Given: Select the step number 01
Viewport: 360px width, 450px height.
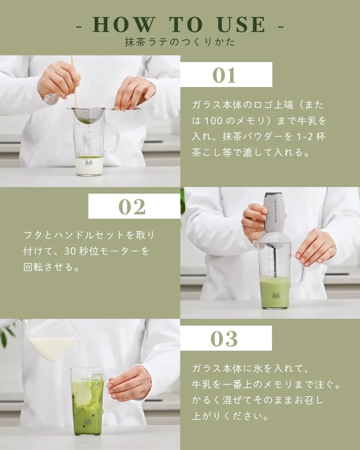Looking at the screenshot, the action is click(224, 75).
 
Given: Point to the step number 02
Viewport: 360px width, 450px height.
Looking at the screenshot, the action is click(132, 207).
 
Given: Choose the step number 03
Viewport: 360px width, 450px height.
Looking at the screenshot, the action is click(224, 339).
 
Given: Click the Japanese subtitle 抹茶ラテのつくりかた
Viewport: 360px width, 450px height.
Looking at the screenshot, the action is click(180, 42).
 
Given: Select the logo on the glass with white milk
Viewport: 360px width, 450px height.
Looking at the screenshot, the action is click(89, 162).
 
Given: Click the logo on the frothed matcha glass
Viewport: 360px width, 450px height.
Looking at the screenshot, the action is click(275, 295).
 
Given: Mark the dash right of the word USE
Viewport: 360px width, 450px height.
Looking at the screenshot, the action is click(281, 27).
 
